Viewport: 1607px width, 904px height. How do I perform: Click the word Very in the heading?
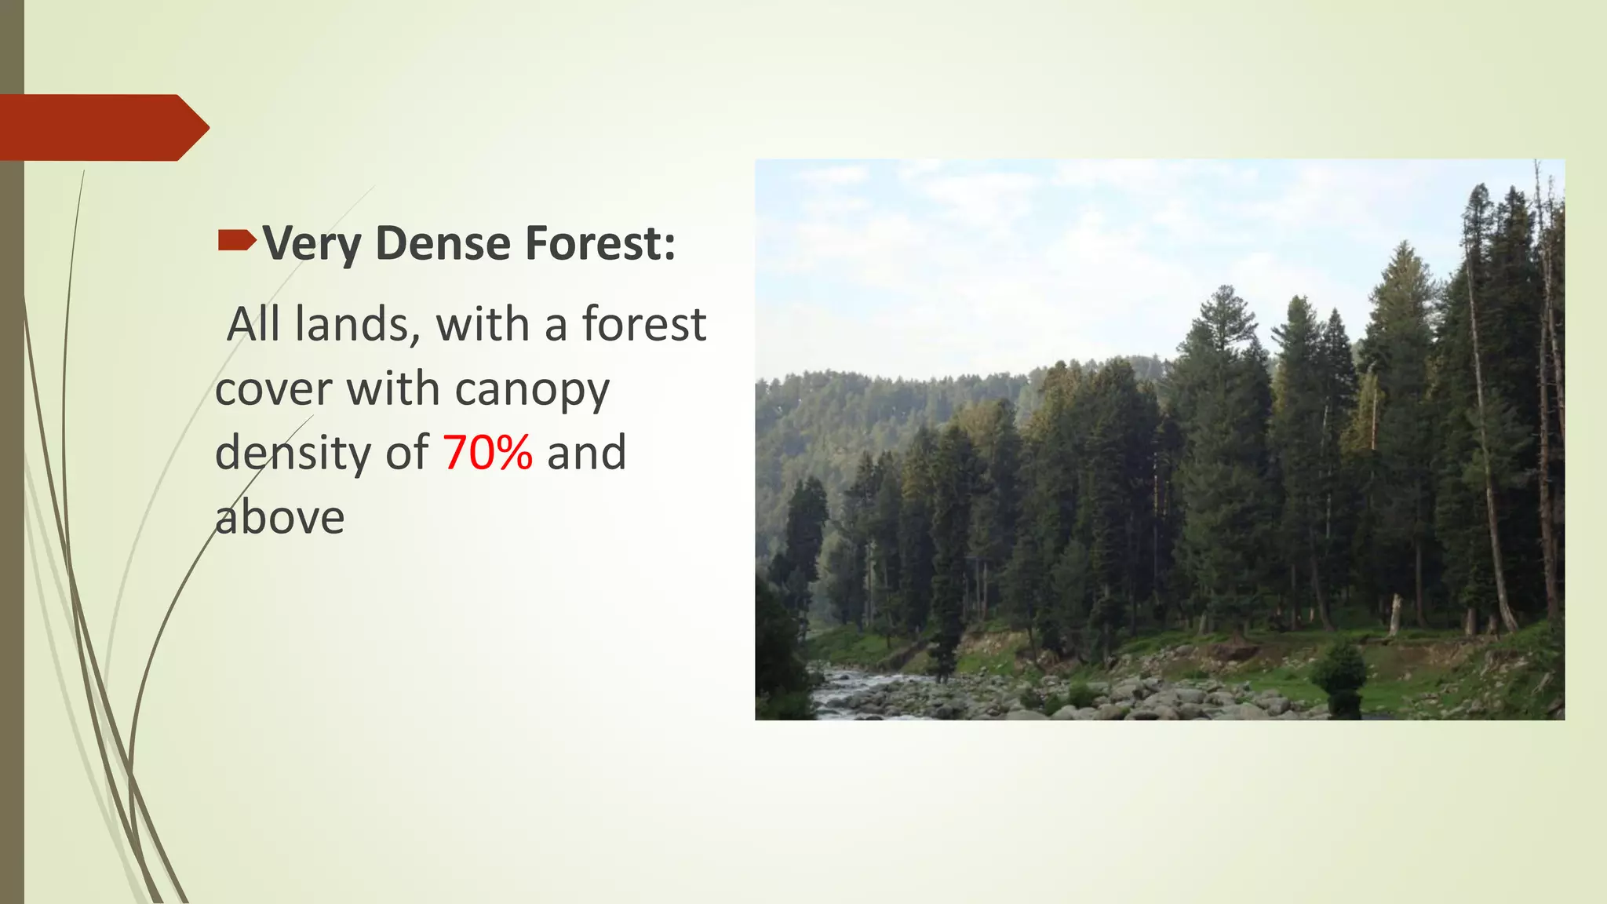tap(312, 243)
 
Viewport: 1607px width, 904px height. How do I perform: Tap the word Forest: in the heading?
tap(600, 243)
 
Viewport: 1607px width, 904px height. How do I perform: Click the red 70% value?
tap(488, 453)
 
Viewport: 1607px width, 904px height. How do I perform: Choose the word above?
tap(280, 518)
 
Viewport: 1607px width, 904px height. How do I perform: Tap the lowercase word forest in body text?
tap(643, 324)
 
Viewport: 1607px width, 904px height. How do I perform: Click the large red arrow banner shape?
tap(102, 128)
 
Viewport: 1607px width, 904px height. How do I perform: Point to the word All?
tap(253, 324)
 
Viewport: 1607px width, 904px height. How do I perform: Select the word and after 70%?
tap(586, 453)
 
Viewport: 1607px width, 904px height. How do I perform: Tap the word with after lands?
tap(483, 324)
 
